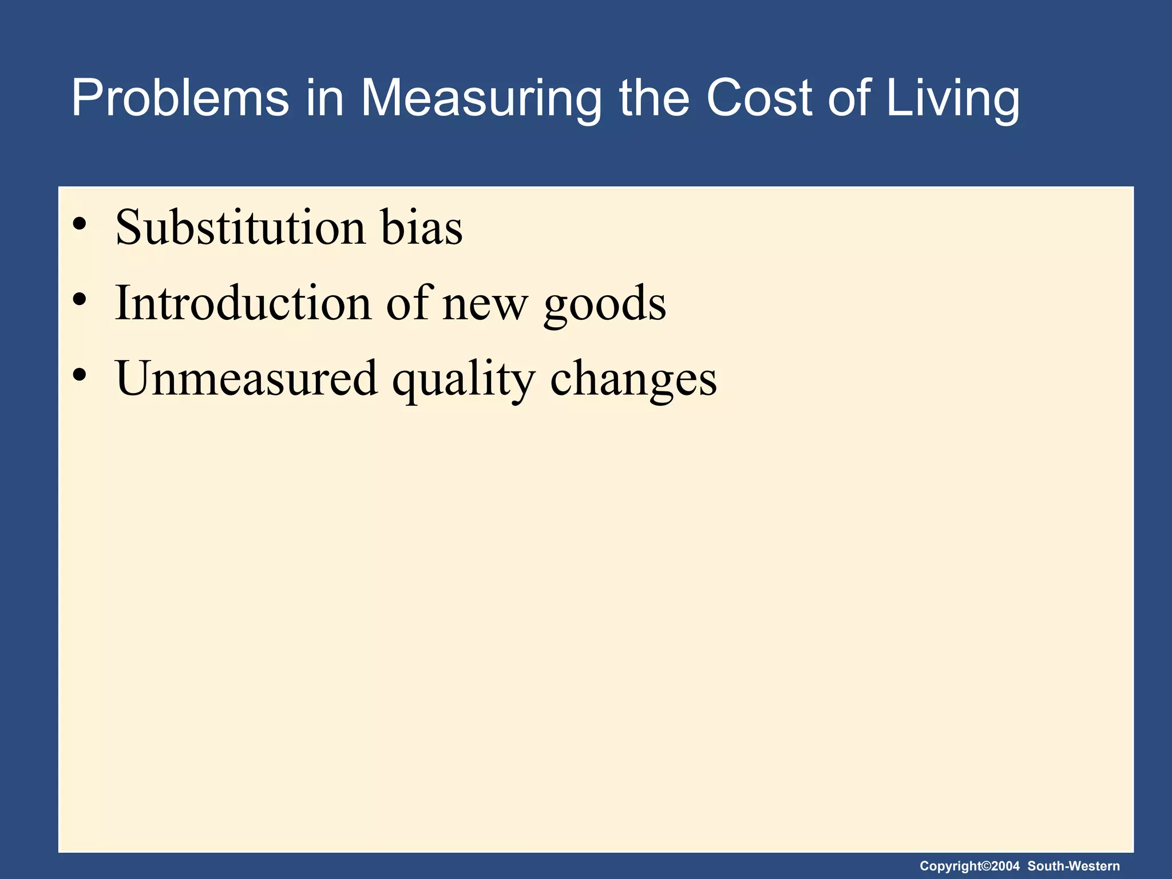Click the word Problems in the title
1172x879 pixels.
tap(180, 98)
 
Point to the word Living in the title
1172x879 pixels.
tap(953, 98)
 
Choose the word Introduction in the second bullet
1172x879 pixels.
tap(243, 303)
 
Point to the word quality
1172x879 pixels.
tap(464, 379)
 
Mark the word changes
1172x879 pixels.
tap(633, 379)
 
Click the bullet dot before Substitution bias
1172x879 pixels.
tap(80, 224)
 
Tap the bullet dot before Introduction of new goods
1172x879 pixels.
tap(80, 299)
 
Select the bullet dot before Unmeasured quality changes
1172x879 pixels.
tap(80, 374)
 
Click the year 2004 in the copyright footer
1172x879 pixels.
tap(1005, 866)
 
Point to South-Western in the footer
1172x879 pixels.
tap(1074, 866)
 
